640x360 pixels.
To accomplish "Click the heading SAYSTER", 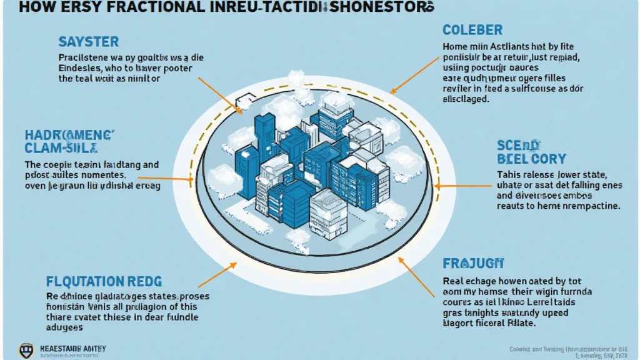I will [88, 42].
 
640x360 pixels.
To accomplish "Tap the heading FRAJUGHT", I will [473, 264].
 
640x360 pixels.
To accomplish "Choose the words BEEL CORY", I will [531, 159].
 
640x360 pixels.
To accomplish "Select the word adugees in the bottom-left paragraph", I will [65, 327].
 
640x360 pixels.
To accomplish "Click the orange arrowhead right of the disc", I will [438, 186].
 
